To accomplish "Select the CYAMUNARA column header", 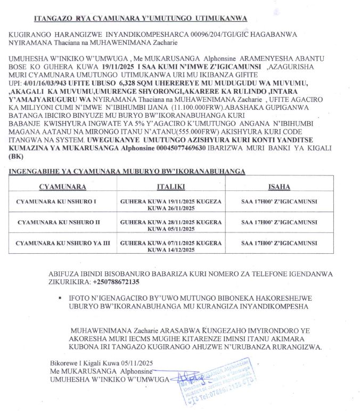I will [x=62, y=187].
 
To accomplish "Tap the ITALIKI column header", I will [x=170, y=187].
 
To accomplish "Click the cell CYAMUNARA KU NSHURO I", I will [x=56, y=203].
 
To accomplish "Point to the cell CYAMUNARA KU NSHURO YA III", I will [x=63, y=243].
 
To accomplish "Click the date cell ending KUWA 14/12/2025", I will [x=170, y=246].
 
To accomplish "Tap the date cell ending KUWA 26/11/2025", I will [x=170, y=206].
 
